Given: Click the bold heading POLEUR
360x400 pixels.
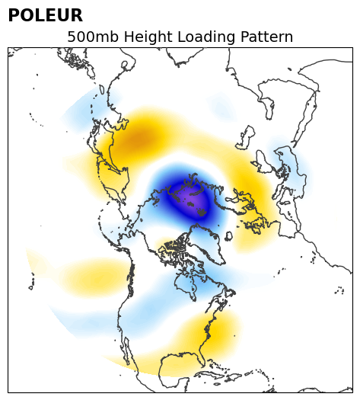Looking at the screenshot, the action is point(46,15).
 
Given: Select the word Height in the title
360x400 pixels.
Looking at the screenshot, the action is point(148,37).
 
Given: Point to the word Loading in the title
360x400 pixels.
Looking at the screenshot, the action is point(205,37).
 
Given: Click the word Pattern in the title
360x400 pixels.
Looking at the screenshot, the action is point(266,37).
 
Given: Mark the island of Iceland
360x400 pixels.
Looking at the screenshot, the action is point(228,235).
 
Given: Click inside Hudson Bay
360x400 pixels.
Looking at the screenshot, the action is point(186,283).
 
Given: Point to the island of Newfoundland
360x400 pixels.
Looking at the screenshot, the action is point(230,293).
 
